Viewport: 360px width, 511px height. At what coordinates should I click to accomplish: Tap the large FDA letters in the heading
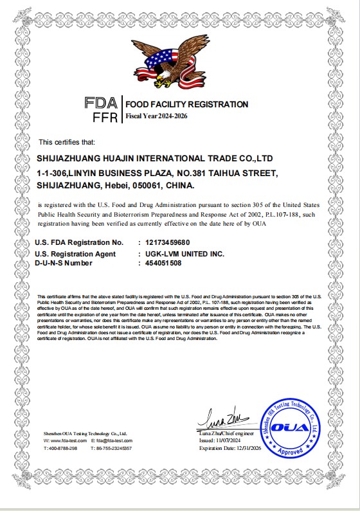101,103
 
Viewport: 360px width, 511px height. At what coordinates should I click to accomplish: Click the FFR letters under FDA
105,118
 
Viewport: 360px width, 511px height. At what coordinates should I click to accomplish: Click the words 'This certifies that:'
67,141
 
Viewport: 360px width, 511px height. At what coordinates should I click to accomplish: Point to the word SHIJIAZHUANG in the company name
69,157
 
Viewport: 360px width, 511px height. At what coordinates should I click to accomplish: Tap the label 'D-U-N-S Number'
64,263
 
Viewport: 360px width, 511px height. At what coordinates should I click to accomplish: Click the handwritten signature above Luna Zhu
222,420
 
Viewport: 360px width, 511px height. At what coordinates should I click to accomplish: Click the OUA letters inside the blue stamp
287,427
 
